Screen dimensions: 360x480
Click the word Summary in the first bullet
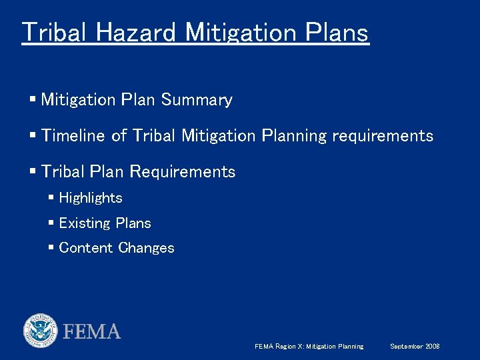[x=197, y=100]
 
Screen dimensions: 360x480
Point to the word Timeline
[x=73, y=136]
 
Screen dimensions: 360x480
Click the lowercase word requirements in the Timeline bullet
[x=382, y=136]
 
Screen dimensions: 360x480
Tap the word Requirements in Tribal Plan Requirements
[x=182, y=172]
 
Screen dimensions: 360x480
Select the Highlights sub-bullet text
[x=91, y=198]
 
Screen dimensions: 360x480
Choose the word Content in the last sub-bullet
[x=86, y=248]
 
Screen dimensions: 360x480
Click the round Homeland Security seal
[x=41, y=330]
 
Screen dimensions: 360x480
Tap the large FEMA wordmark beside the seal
[x=92, y=331]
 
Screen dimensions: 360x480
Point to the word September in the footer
[x=406, y=347]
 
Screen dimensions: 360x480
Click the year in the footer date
[x=433, y=347]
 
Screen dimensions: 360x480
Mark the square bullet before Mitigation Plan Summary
[x=33, y=100]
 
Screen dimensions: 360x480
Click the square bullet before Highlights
[x=51, y=198]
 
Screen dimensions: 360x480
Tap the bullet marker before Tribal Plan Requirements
[x=33, y=172]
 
